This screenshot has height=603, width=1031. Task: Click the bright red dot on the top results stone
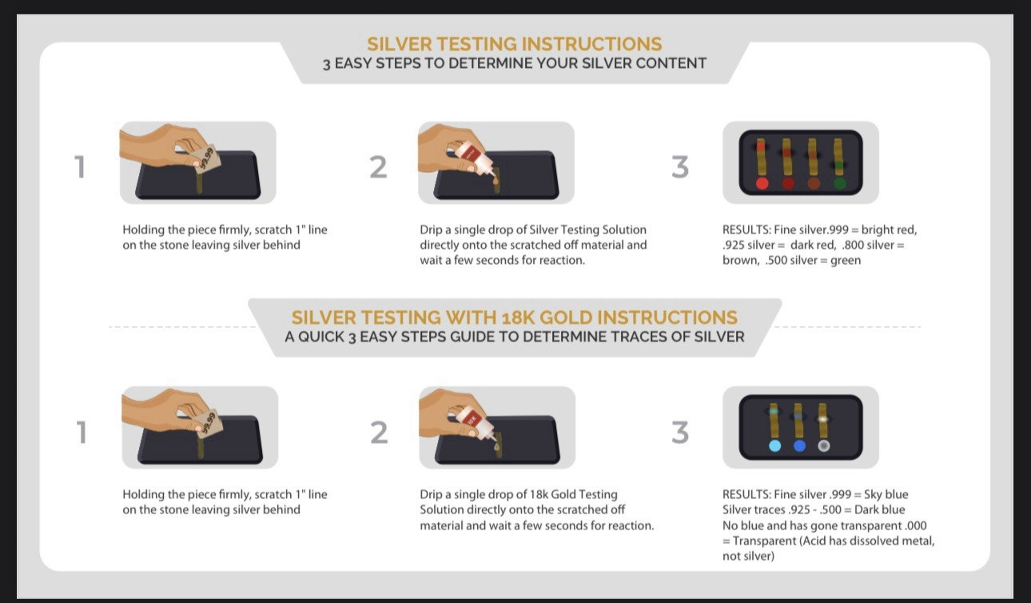click(x=762, y=183)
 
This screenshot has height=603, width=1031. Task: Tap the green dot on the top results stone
click(x=839, y=183)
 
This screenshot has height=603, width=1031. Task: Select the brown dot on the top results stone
click(x=814, y=183)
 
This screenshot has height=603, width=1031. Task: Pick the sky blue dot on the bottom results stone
click(x=775, y=446)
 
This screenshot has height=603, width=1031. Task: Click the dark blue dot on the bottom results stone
click(x=799, y=446)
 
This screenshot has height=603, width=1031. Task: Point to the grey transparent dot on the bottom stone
click(x=824, y=446)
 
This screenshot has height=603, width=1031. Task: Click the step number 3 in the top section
click(x=680, y=167)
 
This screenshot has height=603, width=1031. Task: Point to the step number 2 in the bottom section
click(x=380, y=433)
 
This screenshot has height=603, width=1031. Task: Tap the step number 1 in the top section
click(x=80, y=167)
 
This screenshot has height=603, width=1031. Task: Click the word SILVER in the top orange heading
click(x=400, y=44)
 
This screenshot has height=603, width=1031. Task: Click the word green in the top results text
click(x=846, y=261)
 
